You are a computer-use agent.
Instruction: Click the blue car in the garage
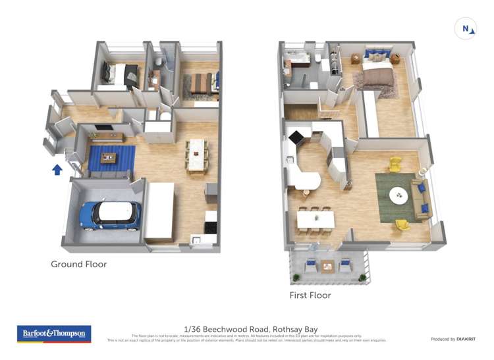(111, 215)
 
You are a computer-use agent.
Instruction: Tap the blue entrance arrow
(57, 170)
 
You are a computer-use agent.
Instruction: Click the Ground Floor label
(79, 265)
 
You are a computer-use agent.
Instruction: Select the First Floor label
(310, 296)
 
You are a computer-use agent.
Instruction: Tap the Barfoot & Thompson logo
(53, 334)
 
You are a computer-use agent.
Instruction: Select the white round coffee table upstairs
(398, 195)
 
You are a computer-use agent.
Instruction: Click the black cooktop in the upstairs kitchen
(296, 137)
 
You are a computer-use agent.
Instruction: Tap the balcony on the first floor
(327, 265)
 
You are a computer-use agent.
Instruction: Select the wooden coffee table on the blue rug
(108, 157)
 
